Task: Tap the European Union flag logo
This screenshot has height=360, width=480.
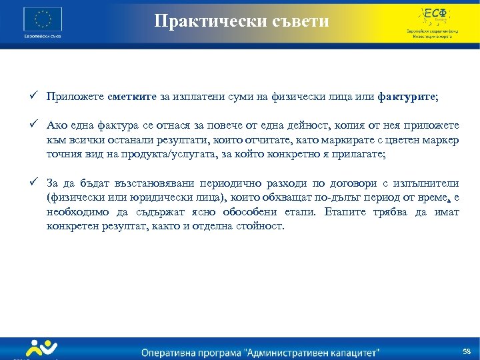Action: pyautogui.click(x=42, y=18)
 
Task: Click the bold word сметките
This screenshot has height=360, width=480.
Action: pyautogui.click(x=134, y=97)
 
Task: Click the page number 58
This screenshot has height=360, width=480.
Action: pyautogui.click(x=466, y=351)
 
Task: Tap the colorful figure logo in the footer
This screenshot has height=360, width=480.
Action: pyautogui.click(x=41, y=349)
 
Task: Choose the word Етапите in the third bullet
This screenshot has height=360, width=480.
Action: pyautogui.click(x=346, y=212)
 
